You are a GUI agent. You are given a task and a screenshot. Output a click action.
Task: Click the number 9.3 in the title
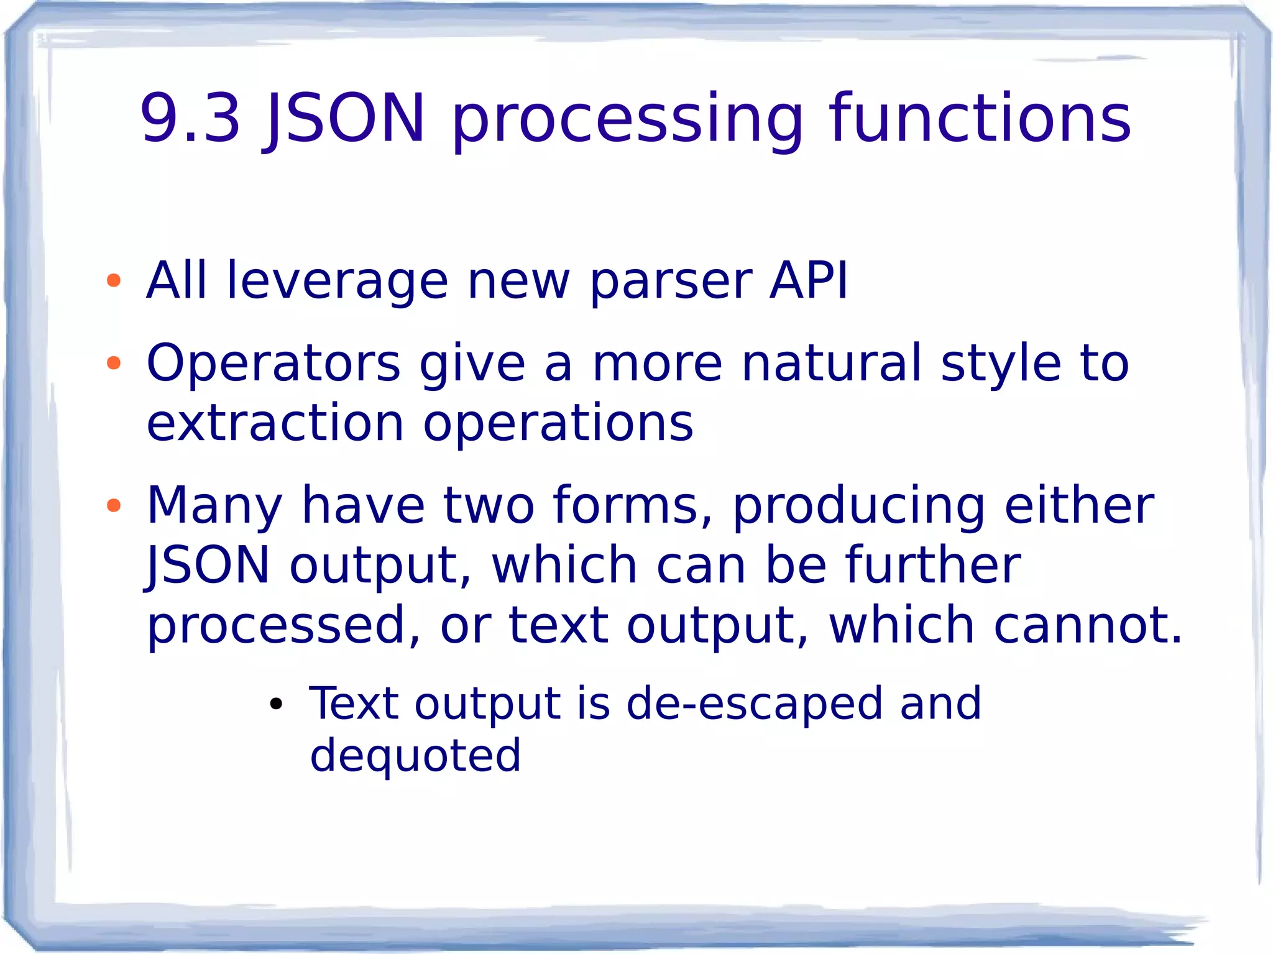190,118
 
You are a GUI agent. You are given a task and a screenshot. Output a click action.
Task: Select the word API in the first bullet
808,281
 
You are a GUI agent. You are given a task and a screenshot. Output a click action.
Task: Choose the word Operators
273,364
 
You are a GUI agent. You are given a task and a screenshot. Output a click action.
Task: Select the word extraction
275,423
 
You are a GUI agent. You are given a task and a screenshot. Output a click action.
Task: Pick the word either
1079,505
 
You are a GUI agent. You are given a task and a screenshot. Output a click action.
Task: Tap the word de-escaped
754,704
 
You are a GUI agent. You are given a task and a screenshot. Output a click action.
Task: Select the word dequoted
415,756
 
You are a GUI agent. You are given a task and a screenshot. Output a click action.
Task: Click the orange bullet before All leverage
114,281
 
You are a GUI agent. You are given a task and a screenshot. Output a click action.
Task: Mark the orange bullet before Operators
114,363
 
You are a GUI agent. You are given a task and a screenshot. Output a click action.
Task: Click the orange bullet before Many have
114,505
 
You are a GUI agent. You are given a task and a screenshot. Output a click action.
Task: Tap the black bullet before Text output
276,705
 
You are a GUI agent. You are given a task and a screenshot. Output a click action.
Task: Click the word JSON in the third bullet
208,565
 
